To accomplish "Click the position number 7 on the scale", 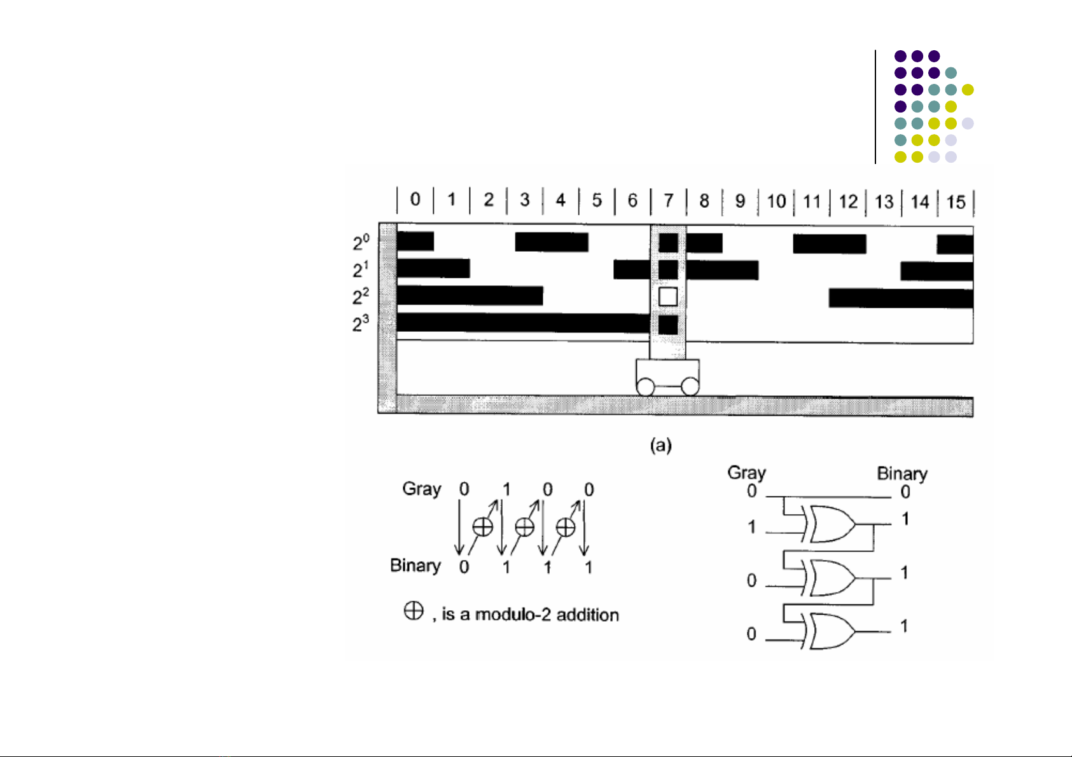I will [x=668, y=201].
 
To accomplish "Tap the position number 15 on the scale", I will [x=956, y=202].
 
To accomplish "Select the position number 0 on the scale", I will [x=415, y=200].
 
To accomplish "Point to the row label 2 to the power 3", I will [x=361, y=324].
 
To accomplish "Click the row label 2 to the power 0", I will [x=361, y=242].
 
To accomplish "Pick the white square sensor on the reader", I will [x=667, y=296].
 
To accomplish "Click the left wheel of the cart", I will [x=645, y=386].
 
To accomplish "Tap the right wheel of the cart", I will [x=690, y=386].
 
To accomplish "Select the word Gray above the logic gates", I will [x=746, y=473].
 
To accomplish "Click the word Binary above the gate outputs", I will [x=901, y=474].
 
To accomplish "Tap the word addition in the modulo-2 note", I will [x=587, y=615].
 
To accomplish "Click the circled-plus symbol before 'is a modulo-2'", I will [x=414, y=611].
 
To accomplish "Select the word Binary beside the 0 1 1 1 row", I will [x=415, y=566].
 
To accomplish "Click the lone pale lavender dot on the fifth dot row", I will [x=968, y=123].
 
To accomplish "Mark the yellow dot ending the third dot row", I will [x=968, y=90].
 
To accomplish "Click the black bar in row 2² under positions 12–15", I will [x=901, y=297].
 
